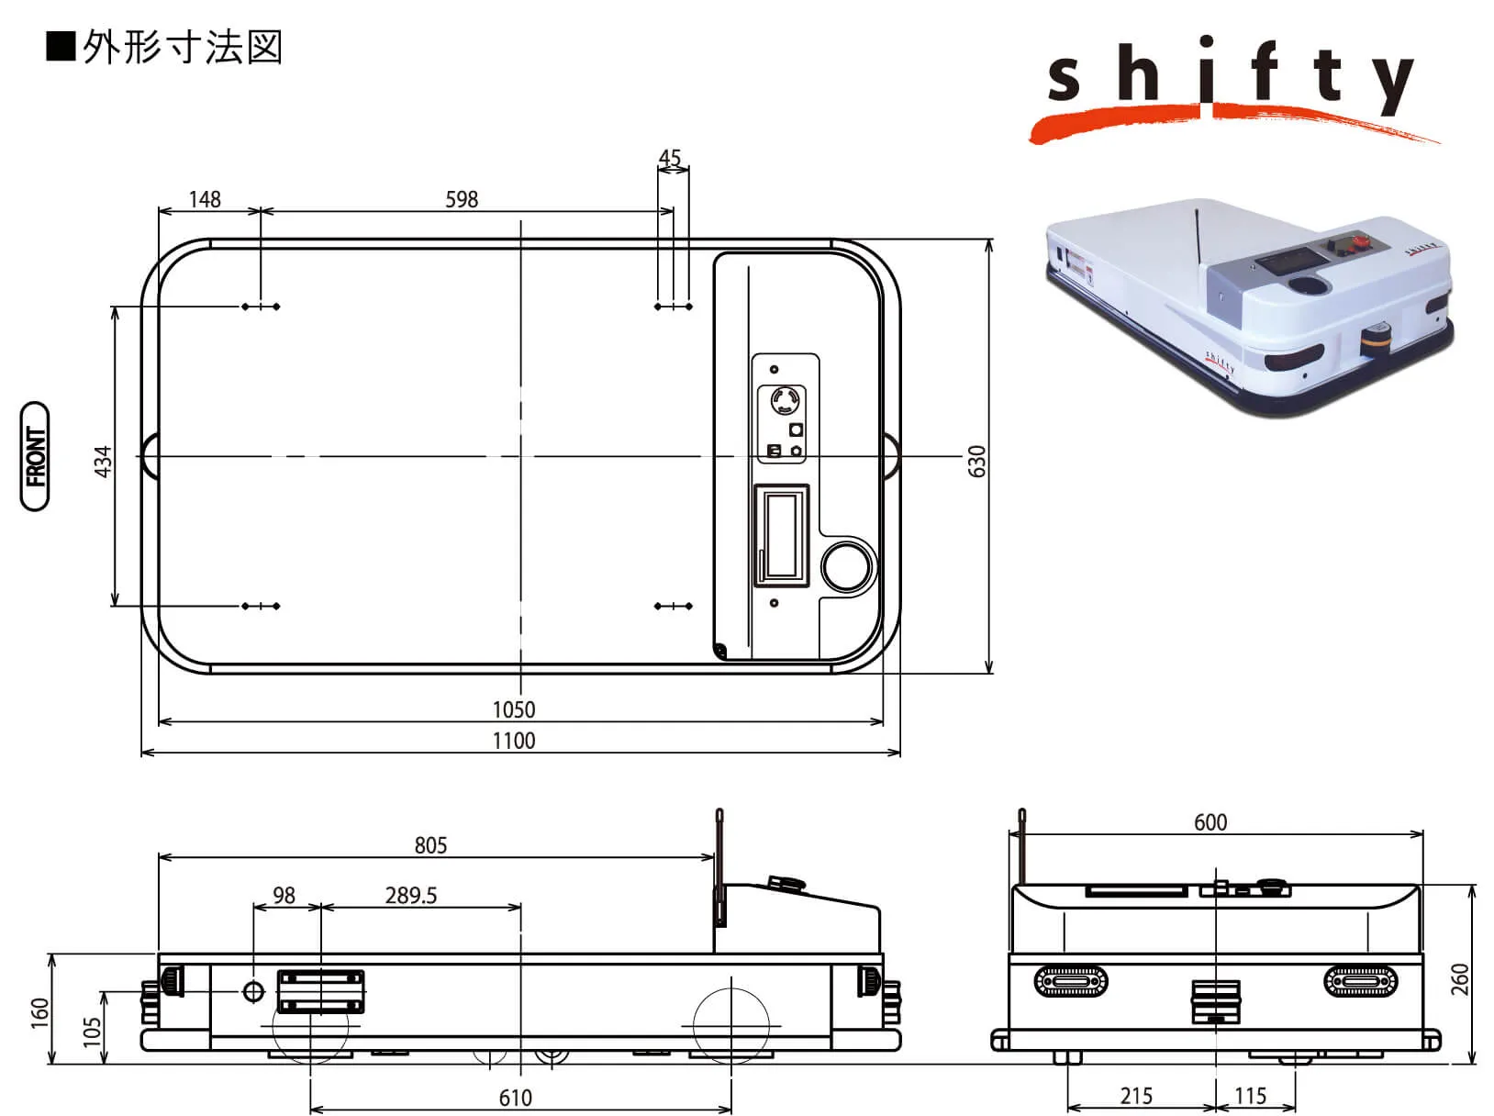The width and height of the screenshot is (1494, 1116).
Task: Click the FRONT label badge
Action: (x=35, y=456)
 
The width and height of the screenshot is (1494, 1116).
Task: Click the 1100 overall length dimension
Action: (x=514, y=741)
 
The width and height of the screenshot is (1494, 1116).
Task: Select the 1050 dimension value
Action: (x=514, y=709)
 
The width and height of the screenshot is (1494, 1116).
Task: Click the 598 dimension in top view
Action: (x=462, y=199)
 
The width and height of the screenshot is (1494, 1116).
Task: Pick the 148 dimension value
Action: (x=205, y=199)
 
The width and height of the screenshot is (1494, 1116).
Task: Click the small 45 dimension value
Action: (x=670, y=158)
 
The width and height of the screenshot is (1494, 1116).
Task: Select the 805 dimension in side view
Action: (x=430, y=844)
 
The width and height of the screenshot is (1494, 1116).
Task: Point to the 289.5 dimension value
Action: (x=411, y=895)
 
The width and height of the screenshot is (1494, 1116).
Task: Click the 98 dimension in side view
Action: (x=284, y=895)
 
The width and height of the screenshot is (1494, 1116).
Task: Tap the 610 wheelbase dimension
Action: (x=516, y=1098)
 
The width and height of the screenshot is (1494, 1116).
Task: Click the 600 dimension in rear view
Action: (x=1210, y=821)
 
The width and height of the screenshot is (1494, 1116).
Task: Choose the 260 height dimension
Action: (x=1460, y=978)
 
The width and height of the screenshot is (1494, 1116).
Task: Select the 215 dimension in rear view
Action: (x=1136, y=1096)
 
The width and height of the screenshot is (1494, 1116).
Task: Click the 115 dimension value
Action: (x=1250, y=1096)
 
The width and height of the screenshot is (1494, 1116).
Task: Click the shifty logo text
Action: (x=1230, y=78)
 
